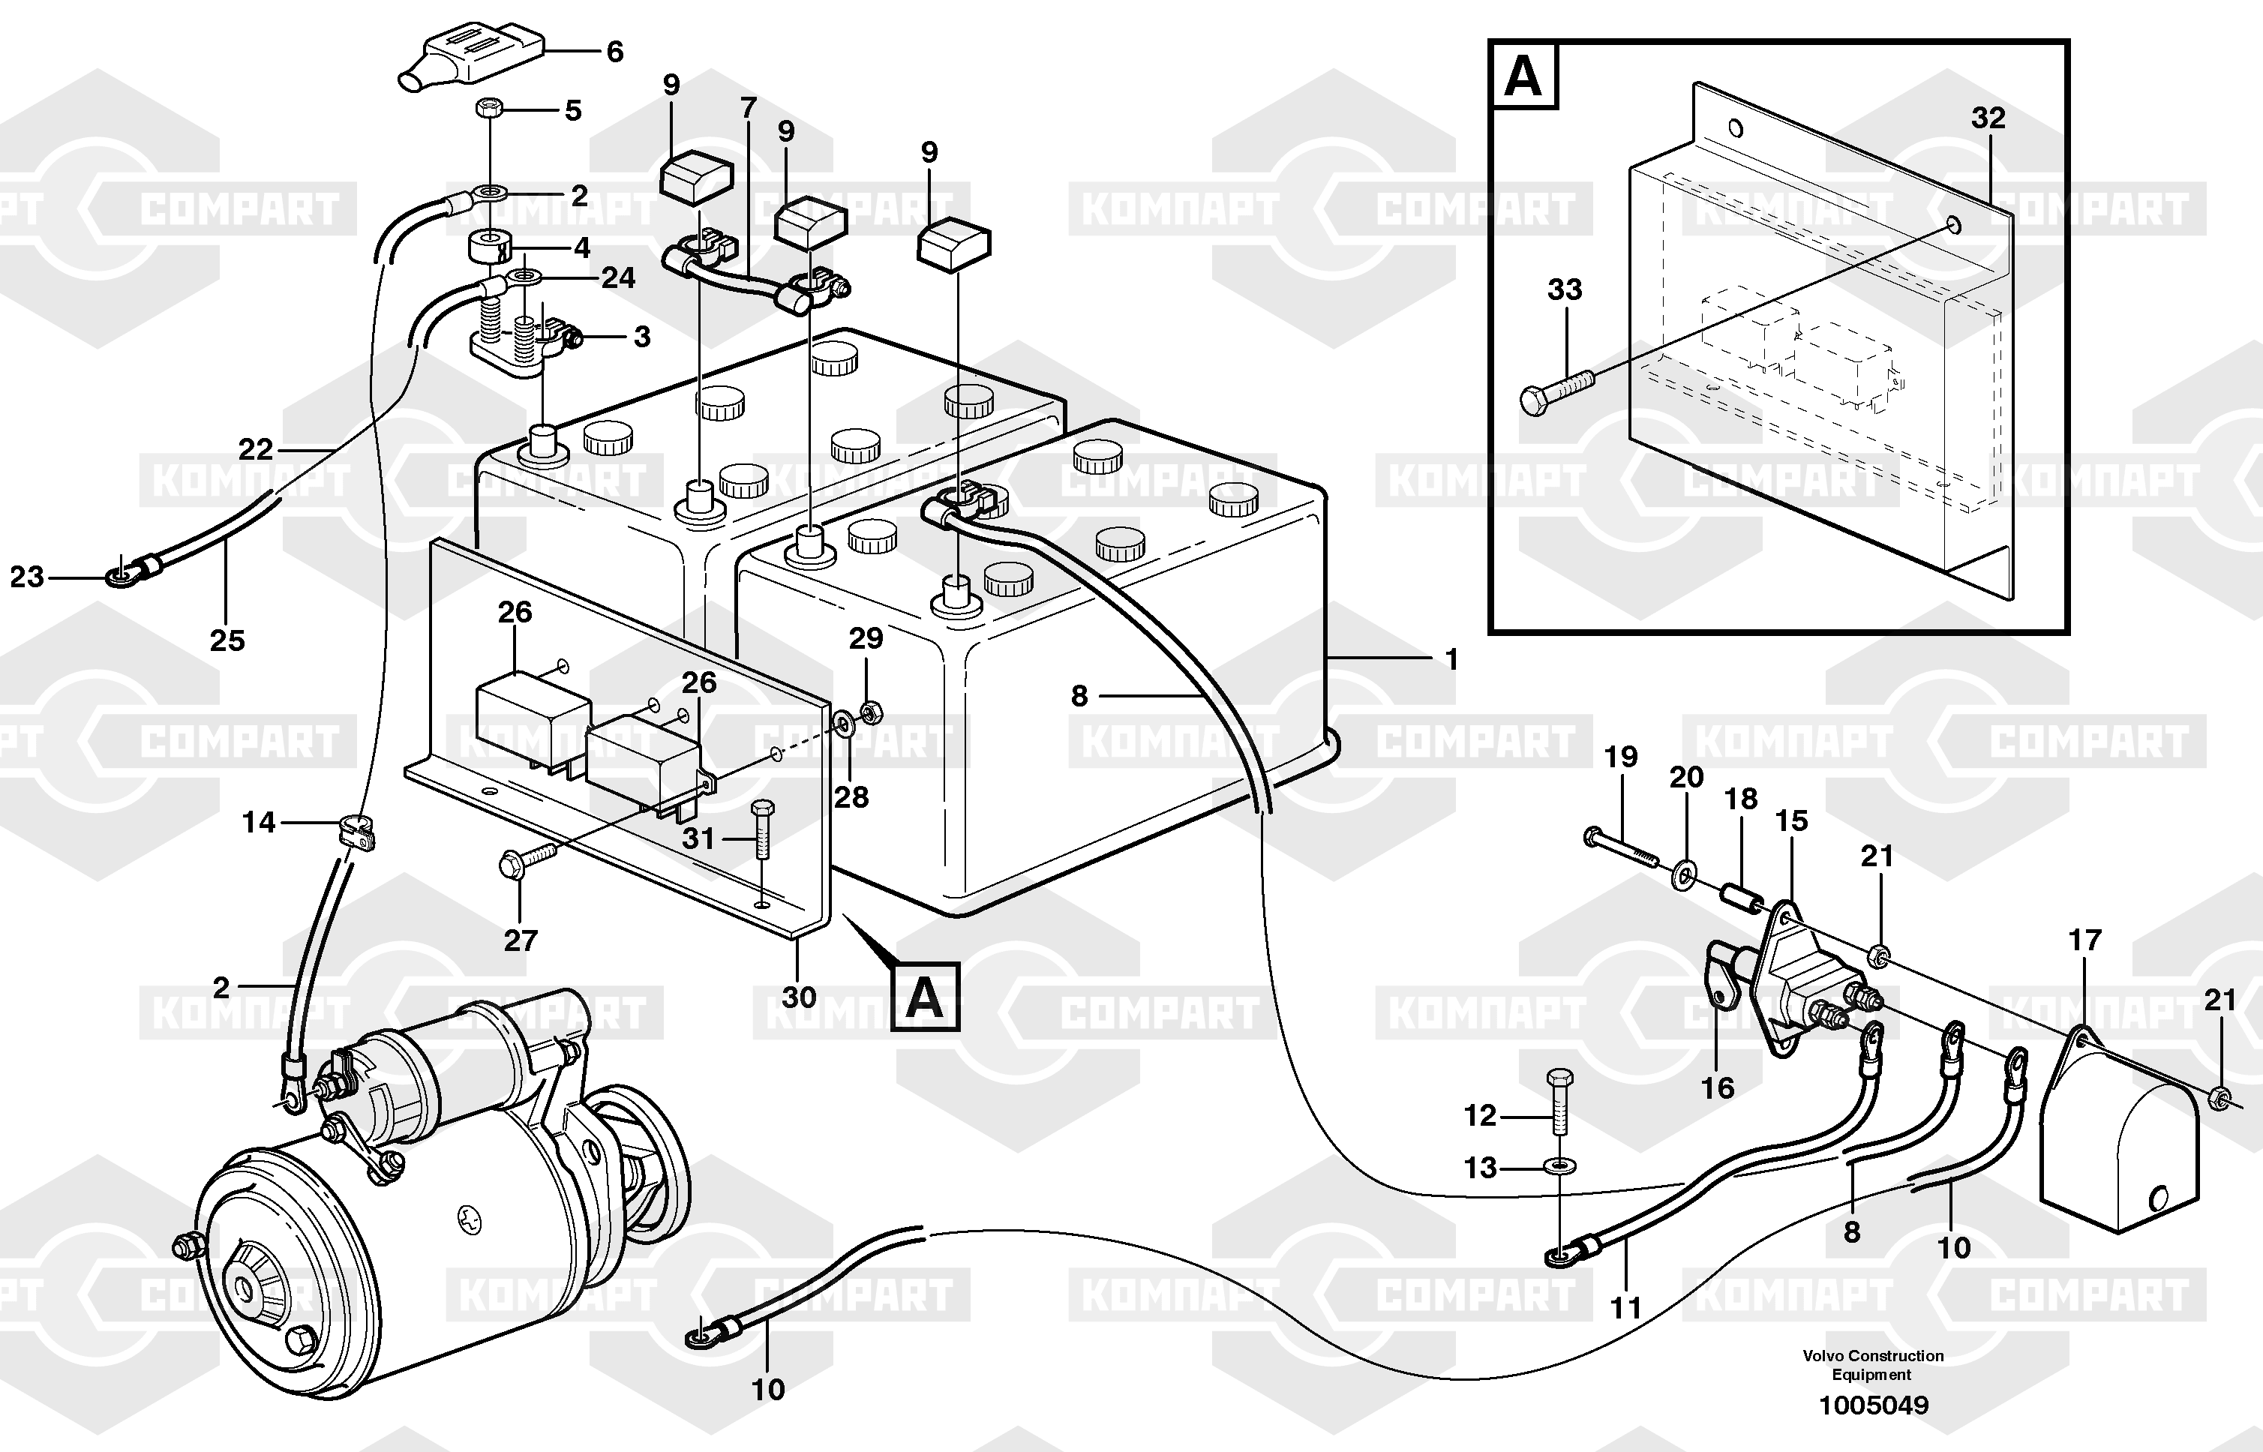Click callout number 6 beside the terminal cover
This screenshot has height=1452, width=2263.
point(615,52)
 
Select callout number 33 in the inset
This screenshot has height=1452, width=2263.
point(1565,289)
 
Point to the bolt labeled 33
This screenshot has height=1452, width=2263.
point(1556,392)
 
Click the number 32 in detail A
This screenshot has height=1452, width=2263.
point(1988,118)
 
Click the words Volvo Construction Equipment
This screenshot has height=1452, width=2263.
point(1873,1364)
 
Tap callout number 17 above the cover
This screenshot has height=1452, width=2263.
point(2084,940)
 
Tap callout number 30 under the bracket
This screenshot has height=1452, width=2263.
point(799,997)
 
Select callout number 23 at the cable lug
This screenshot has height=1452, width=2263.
point(26,577)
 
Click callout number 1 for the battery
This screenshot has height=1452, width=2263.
point(1451,660)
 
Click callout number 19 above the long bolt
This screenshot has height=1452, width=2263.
point(1621,757)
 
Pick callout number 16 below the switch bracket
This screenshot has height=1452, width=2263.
point(1717,1088)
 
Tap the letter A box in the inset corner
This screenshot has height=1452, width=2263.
point(1523,76)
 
